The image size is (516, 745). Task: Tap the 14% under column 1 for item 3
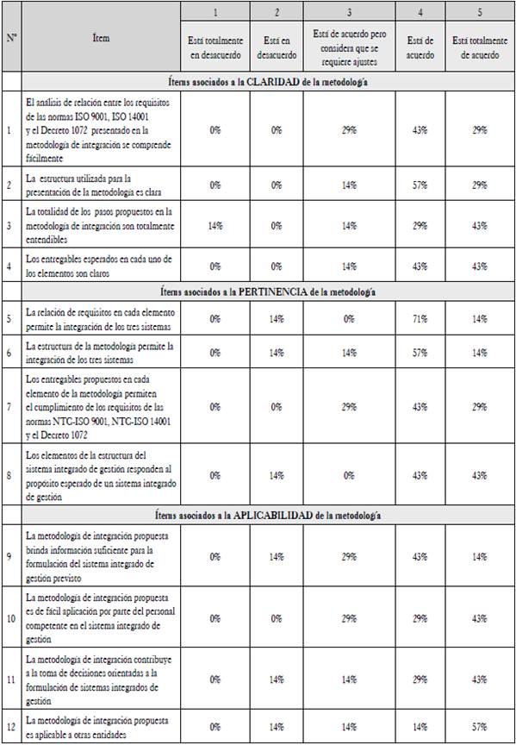coord(216,224)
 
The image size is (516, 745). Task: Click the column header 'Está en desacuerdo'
coord(277,47)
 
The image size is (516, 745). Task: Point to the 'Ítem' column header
coord(101,39)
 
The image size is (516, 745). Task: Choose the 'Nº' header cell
coord(12,39)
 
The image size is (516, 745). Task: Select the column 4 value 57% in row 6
coord(420,353)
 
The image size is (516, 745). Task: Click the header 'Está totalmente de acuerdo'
coord(479,47)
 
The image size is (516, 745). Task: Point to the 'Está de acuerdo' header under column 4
coord(420,47)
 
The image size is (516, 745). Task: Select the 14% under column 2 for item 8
coord(277,474)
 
